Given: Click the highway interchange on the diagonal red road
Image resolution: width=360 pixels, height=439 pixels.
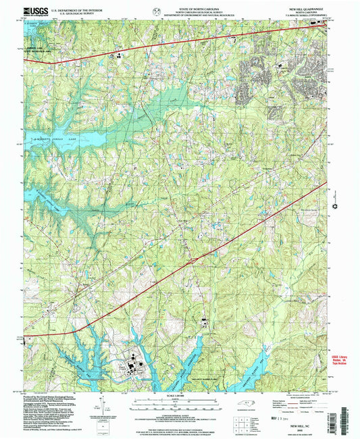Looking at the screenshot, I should point(192,257).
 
